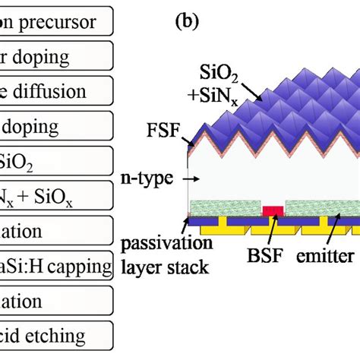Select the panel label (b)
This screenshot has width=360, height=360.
[186, 21]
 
